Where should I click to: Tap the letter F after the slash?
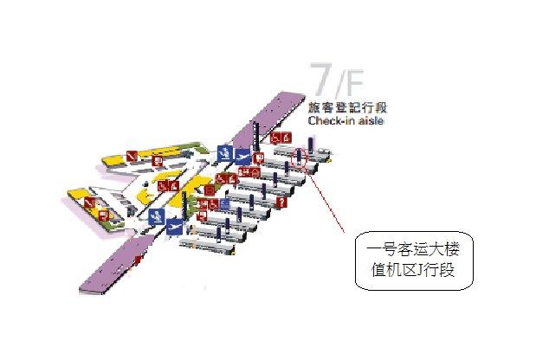pyautogui.click(x=353, y=83)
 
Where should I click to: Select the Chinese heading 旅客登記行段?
pyautogui.click(x=347, y=107)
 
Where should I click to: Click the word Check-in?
pyautogui.click(x=332, y=120)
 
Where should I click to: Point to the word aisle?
pyautogui.click(x=371, y=120)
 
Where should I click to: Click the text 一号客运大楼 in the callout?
pyautogui.click(x=413, y=250)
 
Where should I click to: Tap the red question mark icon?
pyautogui.click(x=281, y=202)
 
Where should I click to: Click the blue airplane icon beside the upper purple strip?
pyautogui.click(x=242, y=157)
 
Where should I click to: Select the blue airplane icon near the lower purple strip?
pyautogui.click(x=174, y=228)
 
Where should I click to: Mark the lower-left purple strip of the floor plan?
pyautogui.click(x=115, y=264)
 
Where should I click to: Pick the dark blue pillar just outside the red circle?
pyautogui.click(x=310, y=145)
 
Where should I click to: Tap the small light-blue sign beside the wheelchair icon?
pyautogui.click(x=224, y=205)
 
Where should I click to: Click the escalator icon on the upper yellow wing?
pyautogui.click(x=132, y=156)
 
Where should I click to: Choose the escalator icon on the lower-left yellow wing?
pyautogui.click(x=90, y=202)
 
